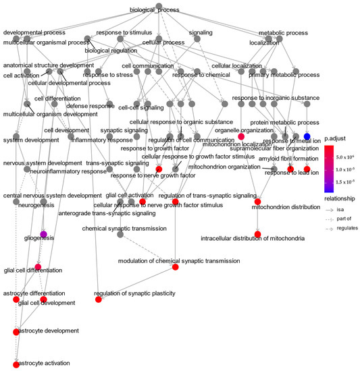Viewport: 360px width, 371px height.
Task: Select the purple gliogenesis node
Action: [x=44, y=235]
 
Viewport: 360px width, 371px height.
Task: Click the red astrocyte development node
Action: [x=16, y=332]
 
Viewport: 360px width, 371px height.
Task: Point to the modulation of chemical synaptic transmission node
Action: [x=175, y=268]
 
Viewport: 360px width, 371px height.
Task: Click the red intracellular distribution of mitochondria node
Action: [x=257, y=234]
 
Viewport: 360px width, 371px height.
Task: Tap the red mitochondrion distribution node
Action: [x=257, y=201]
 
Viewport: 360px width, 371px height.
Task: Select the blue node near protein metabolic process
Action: [x=307, y=137]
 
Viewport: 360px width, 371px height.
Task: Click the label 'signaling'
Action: [x=201, y=32]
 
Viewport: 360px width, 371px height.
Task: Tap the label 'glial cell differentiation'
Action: [x=34, y=270]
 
